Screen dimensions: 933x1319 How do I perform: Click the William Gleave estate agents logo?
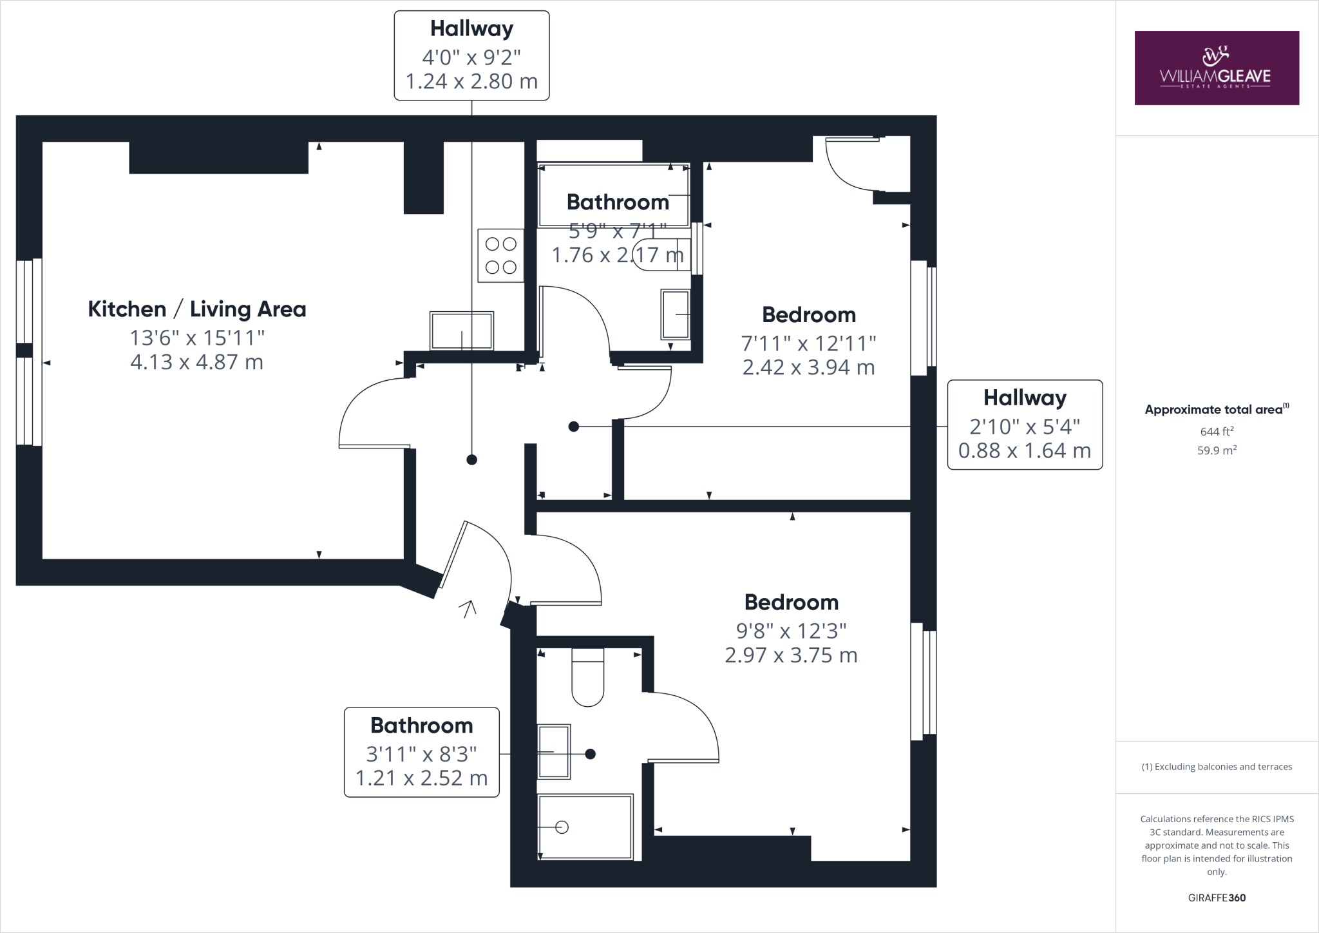[x=1216, y=68]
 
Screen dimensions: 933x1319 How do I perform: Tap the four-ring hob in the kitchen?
[x=500, y=255]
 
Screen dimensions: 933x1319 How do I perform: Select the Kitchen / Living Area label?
[x=197, y=309]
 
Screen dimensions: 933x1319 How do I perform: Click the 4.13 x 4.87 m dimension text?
[x=197, y=362]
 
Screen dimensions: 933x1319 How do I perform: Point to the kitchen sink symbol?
[x=462, y=331]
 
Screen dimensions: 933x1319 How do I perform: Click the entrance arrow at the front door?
[x=468, y=608]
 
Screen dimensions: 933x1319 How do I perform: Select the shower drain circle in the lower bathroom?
[x=562, y=827]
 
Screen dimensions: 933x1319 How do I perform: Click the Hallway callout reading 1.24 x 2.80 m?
[x=471, y=55]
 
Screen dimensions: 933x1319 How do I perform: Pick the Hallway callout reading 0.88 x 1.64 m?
[x=1025, y=425]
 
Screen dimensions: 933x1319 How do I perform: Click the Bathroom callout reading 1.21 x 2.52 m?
[x=422, y=752]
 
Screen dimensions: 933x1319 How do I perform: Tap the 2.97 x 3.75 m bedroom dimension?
[x=791, y=655]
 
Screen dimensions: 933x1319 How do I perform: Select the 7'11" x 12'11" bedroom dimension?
[x=808, y=343]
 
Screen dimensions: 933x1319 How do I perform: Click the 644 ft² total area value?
[x=1217, y=432]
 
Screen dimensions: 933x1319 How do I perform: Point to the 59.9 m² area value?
[x=1217, y=450]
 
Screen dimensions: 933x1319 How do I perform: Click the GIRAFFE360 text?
[x=1217, y=898]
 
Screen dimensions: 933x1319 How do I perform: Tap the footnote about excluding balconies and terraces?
[x=1217, y=767]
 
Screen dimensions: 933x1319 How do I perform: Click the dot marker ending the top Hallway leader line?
[x=472, y=459]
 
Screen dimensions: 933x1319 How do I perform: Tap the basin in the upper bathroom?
[x=675, y=314]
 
